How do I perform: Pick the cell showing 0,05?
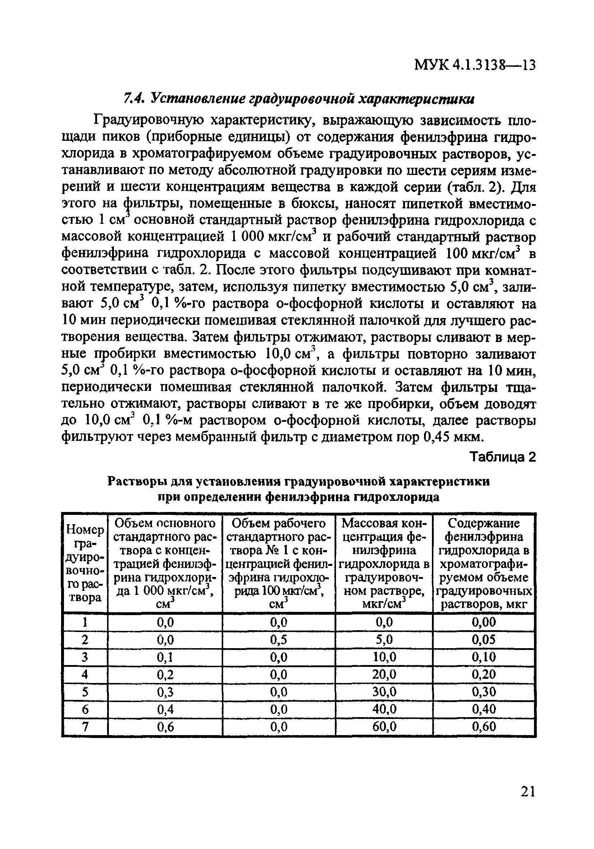click(483, 640)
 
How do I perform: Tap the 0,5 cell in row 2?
click(278, 640)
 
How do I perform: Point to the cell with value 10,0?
click(384, 657)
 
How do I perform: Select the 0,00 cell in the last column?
click(483, 623)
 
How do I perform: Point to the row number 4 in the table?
click(85, 674)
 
